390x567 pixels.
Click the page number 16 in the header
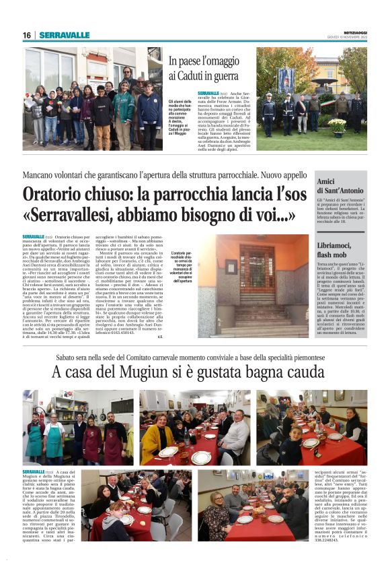click(27, 35)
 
